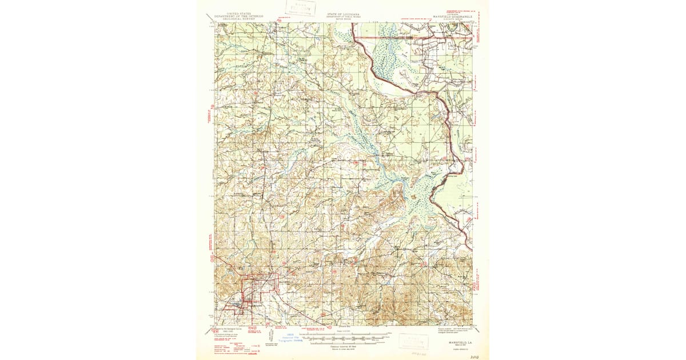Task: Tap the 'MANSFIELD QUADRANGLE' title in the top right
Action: pyautogui.click(x=452, y=17)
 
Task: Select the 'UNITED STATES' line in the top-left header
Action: pyautogui.click(x=238, y=13)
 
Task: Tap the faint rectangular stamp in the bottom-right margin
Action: pyautogui.click(x=413, y=341)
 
